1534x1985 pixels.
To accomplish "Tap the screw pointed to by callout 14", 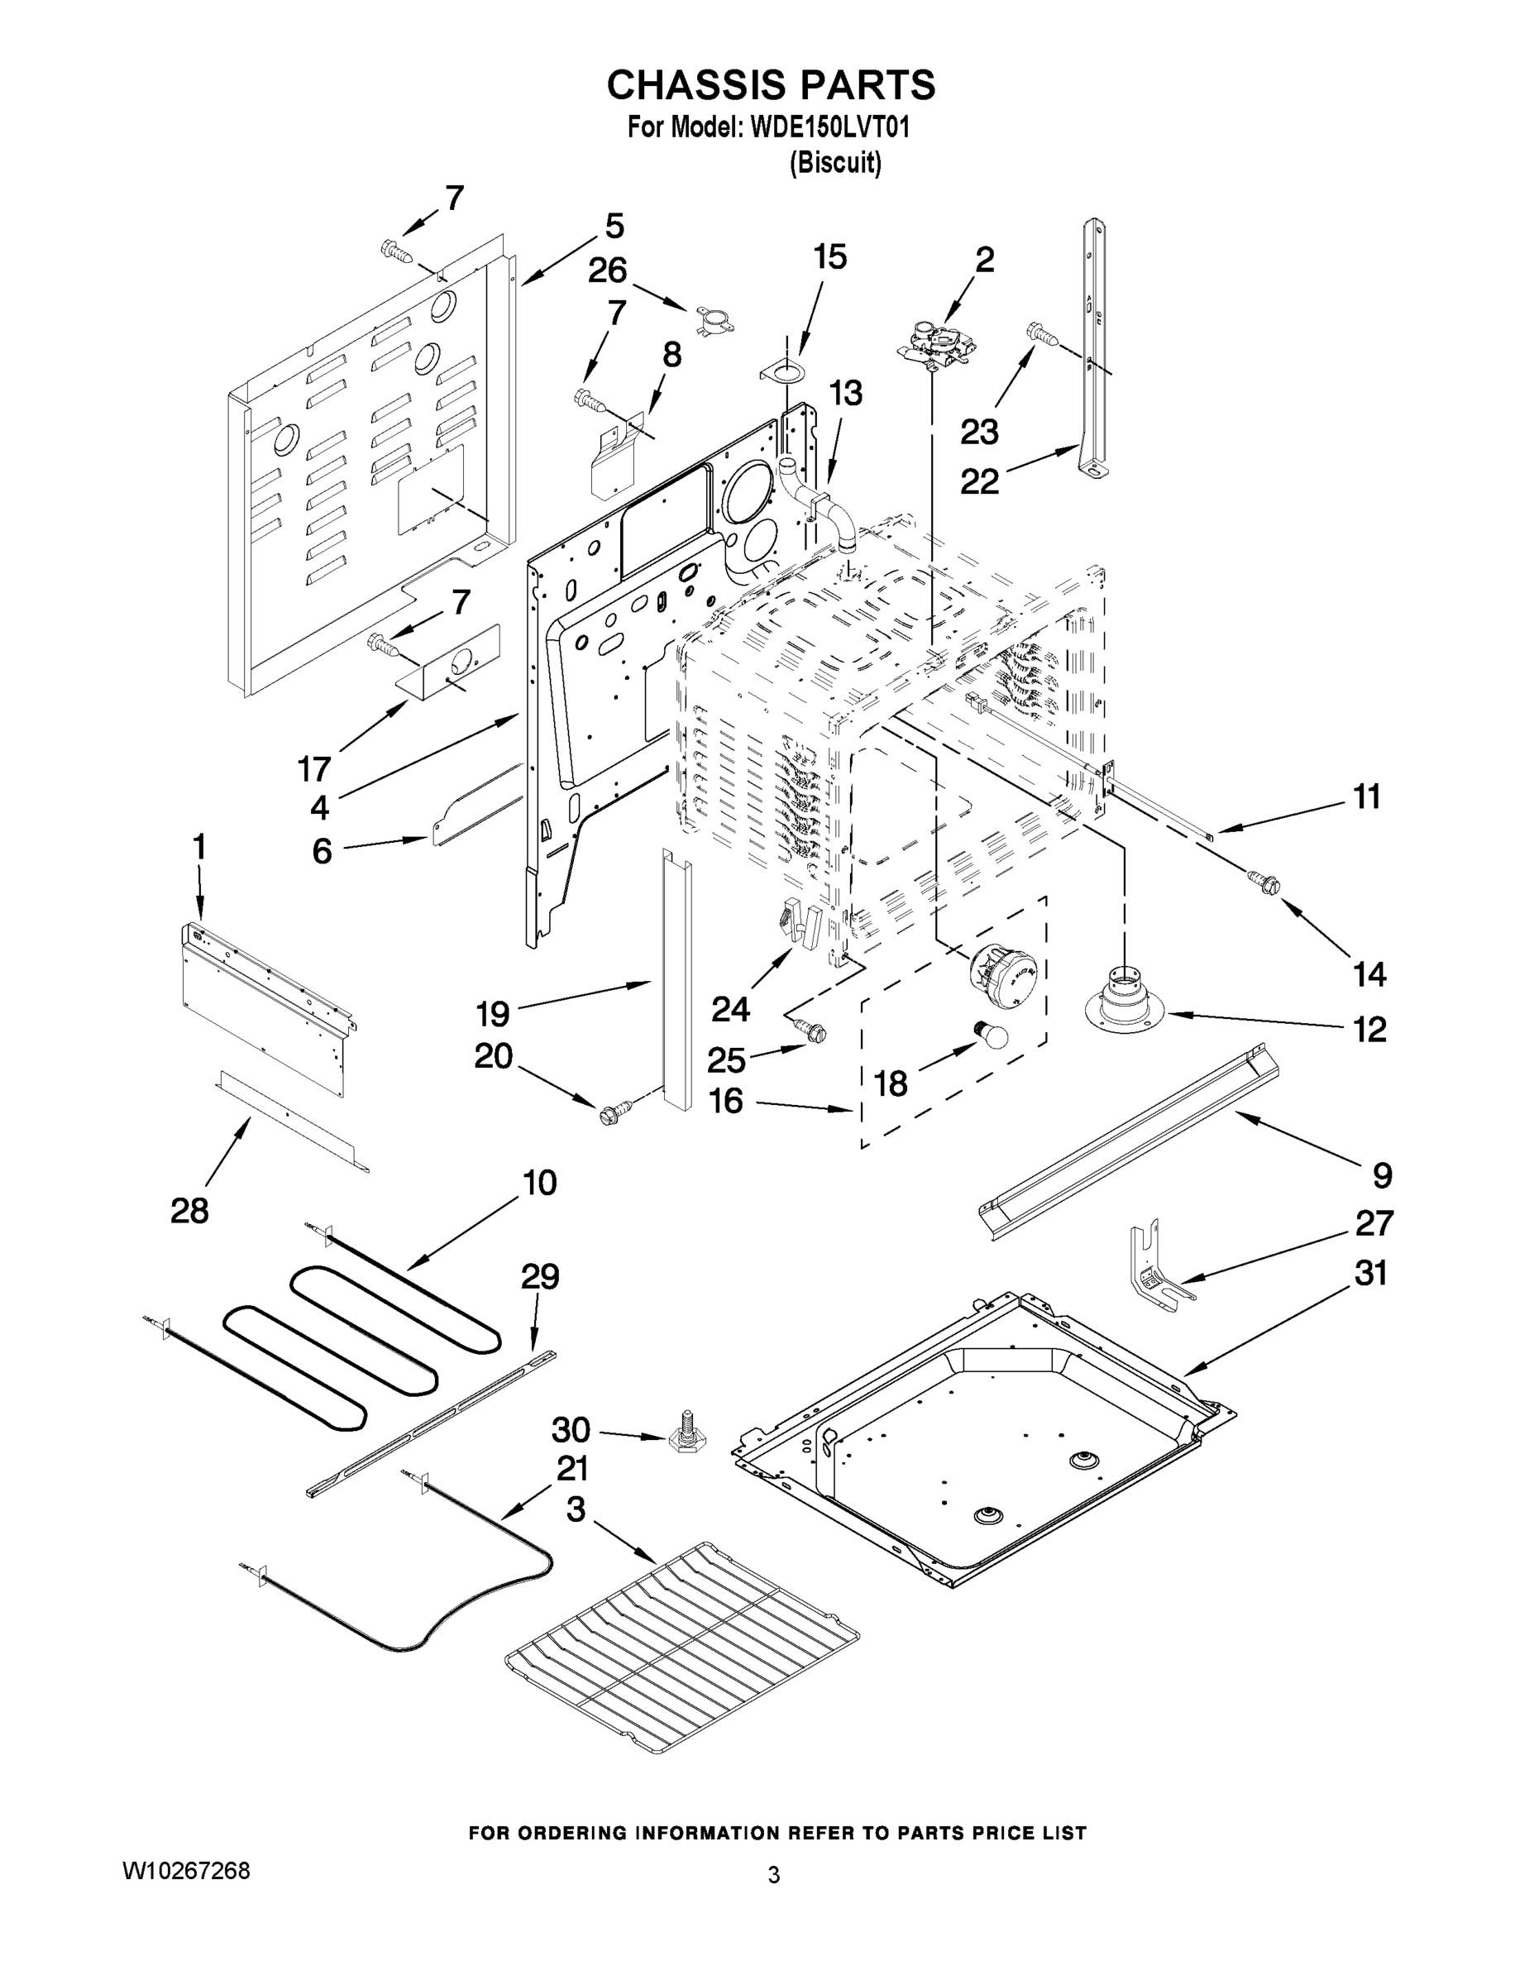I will click(1264, 880).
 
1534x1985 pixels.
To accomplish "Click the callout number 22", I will click(980, 481).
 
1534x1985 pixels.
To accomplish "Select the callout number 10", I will click(539, 1183).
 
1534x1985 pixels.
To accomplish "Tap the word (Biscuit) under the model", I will click(835, 164).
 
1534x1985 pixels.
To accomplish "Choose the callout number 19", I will click(493, 1012).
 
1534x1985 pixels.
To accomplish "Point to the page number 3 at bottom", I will click(773, 1874).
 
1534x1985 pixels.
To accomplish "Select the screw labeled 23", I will click(1042, 334).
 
